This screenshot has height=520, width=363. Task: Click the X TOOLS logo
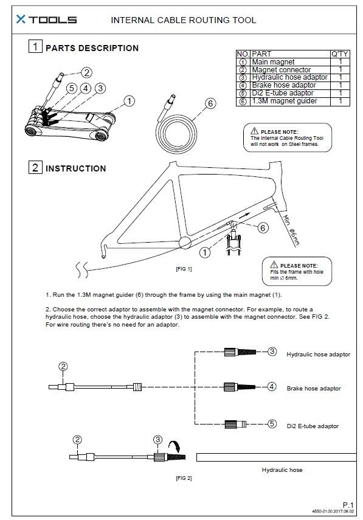[46, 19]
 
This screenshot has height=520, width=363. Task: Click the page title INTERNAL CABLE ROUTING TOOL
[183, 20]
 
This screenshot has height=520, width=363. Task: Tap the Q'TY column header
[340, 54]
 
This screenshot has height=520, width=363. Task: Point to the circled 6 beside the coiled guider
[210, 103]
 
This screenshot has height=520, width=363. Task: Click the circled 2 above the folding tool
[86, 72]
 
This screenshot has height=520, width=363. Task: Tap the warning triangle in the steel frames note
[254, 131]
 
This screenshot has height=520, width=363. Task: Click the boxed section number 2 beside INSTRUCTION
[35, 167]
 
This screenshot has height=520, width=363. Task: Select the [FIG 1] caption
[184, 269]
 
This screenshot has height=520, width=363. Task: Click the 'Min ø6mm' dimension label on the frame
[291, 230]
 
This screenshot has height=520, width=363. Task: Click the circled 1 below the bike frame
[205, 253]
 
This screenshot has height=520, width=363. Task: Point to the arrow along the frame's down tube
[244, 215]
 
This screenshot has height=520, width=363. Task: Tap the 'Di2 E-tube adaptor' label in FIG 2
[313, 426]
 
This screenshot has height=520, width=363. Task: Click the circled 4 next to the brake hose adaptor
[272, 387]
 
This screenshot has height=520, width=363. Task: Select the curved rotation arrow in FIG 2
[175, 446]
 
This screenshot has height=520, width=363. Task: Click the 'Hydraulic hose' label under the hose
[282, 470]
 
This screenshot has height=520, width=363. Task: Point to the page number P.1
[348, 505]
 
